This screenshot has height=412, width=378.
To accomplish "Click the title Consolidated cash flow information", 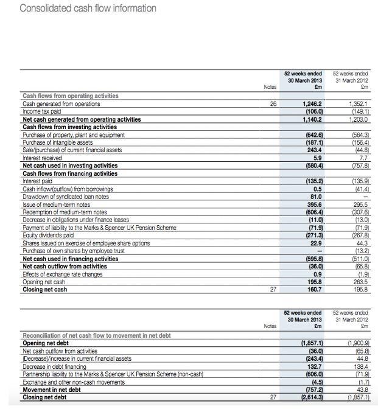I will click(88, 8).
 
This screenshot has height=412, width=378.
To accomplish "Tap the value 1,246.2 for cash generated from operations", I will click(312, 104).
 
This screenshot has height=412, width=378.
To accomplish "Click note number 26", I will click(273, 104).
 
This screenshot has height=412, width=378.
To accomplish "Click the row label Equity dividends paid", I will click(48, 235).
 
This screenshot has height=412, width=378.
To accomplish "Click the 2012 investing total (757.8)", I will click(360, 166).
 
